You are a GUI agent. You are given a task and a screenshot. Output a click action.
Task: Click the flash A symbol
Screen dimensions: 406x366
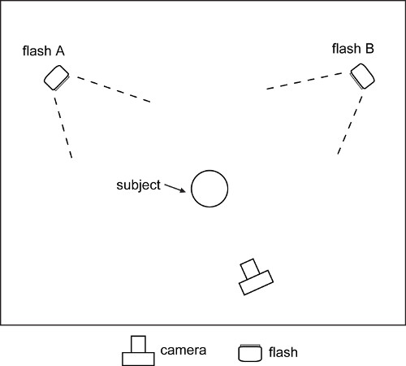click(x=57, y=78)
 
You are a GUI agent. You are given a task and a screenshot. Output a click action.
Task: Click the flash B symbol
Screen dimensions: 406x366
click(x=362, y=76)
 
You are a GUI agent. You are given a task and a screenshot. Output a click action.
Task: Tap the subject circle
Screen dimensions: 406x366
click(x=209, y=189)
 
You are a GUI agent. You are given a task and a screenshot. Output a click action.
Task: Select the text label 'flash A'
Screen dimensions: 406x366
click(x=43, y=50)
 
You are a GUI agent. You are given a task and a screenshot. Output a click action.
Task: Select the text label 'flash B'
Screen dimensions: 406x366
click(x=353, y=49)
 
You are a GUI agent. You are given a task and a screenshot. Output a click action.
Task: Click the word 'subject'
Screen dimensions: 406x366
click(x=138, y=185)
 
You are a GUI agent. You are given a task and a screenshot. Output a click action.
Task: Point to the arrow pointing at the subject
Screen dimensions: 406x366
click(x=175, y=188)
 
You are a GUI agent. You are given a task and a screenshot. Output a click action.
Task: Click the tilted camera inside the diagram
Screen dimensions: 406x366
click(x=256, y=277)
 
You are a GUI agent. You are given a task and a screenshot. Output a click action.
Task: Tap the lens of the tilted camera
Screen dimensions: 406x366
click(x=250, y=268)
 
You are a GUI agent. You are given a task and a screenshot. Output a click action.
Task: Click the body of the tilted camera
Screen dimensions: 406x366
click(x=256, y=282)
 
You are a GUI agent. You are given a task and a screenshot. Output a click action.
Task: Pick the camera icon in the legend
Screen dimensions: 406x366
click(x=138, y=351)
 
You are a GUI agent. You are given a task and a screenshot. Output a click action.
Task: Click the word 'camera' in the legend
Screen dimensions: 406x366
click(x=184, y=351)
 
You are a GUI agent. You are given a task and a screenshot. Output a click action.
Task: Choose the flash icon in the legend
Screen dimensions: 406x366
click(x=250, y=353)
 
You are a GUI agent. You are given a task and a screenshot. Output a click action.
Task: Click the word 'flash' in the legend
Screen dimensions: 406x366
click(x=283, y=352)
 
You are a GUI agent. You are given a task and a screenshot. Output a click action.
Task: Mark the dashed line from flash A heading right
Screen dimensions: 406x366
click(x=114, y=89)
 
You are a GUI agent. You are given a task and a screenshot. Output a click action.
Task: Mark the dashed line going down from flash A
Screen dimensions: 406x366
click(x=63, y=128)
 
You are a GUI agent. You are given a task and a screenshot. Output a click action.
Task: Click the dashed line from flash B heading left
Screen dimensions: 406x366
click(x=304, y=81)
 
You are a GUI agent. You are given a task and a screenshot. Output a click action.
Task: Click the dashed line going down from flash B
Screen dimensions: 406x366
click(x=350, y=125)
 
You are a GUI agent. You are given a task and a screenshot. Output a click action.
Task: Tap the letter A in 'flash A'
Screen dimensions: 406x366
click(x=60, y=51)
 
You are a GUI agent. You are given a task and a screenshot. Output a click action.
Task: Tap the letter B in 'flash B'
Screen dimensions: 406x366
click(x=369, y=49)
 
